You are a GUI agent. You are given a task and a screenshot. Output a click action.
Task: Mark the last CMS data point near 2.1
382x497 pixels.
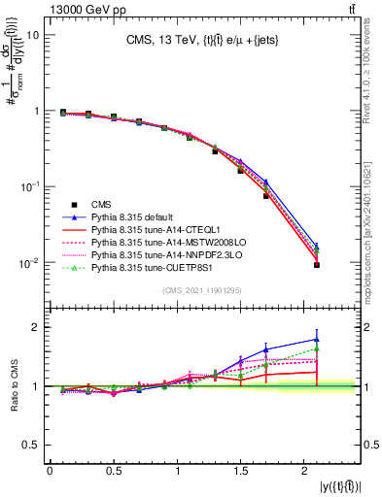point(317,265)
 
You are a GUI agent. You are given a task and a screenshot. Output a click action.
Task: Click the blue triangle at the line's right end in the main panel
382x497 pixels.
point(317,247)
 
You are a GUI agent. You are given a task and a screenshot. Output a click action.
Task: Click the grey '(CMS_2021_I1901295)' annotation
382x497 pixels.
point(204,291)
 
